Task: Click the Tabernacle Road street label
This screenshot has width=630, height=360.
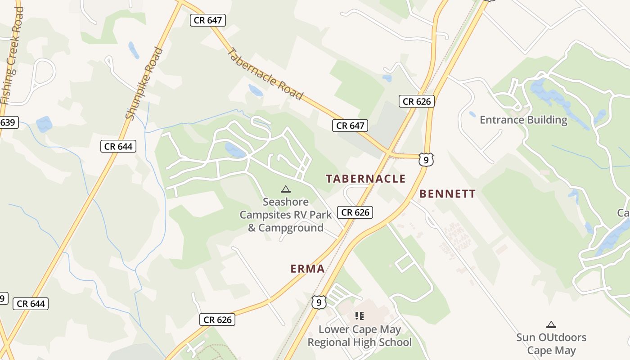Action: [x=265, y=74]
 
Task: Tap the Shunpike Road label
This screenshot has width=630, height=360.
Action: [x=144, y=84]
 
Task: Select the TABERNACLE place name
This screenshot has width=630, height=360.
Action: [x=366, y=179]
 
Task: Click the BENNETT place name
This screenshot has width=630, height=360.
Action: [x=447, y=194]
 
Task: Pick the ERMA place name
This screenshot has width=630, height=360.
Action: [x=307, y=269]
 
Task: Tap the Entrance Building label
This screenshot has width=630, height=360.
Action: [x=523, y=120]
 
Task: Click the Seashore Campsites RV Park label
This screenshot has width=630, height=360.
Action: [x=286, y=215]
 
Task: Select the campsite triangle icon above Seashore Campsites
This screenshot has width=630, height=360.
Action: [x=285, y=189]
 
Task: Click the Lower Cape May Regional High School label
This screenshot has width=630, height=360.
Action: [x=360, y=336]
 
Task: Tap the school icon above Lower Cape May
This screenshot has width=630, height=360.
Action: [x=359, y=315]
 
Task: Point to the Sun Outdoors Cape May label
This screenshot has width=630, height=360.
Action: [x=551, y=344]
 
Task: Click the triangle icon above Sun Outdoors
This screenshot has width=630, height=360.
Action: [x=551, y=324]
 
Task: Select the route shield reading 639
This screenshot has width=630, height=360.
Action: [x=8, y=122]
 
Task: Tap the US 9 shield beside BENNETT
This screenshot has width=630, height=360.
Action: [x=426, y=159]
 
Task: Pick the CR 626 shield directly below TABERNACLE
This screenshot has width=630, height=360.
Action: [x=355, y=212]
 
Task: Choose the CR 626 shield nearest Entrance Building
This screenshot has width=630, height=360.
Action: [x=417, y=101]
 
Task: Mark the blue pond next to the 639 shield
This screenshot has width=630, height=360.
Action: [x=44, y=124]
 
